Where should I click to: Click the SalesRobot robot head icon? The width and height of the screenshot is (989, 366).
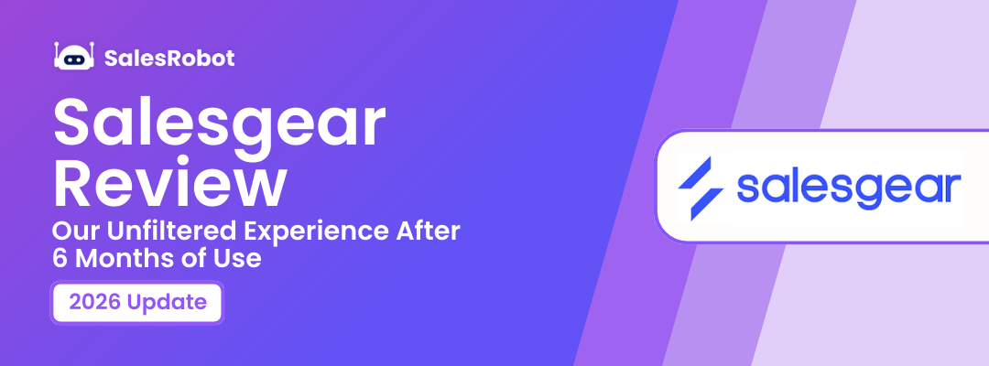(74, 58)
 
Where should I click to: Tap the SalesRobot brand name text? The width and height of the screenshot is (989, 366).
(169, 59)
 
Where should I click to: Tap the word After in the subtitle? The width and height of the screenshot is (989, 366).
(429, 232)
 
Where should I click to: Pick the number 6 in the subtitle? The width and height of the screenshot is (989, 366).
(60, 259)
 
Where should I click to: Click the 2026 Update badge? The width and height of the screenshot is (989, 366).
(137, 303)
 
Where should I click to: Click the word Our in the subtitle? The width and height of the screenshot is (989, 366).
(73, 232)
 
